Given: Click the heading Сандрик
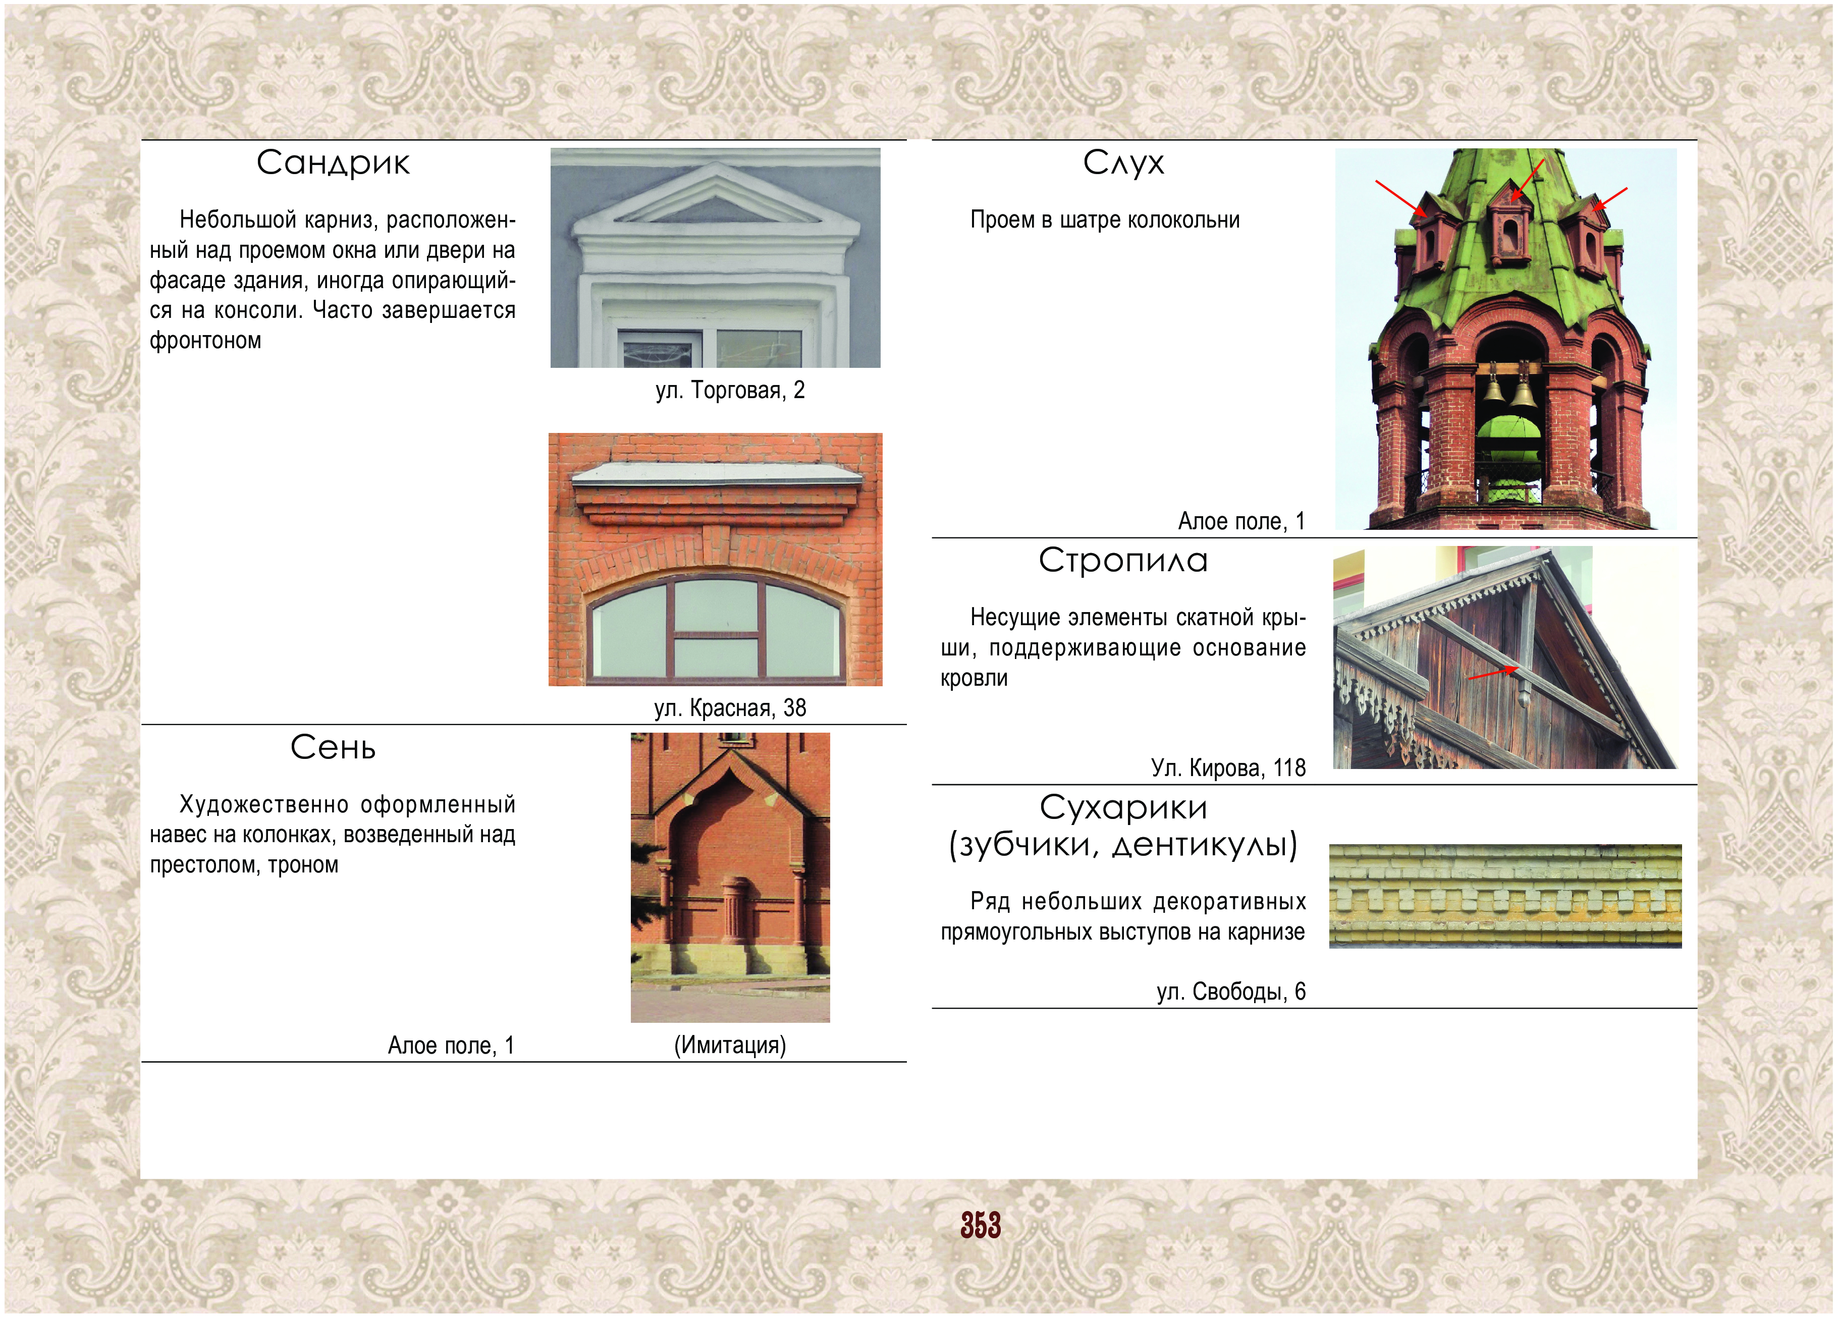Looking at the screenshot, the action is coord(333,163).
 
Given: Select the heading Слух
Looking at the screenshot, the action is coord(1123,163).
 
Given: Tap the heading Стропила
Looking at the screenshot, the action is coord(1123,561).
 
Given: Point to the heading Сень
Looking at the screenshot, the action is coord(333,748).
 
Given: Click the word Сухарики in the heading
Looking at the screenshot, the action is coord(1123,807).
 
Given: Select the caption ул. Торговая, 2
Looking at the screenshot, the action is coord(730,391).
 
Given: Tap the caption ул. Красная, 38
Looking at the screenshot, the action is coord(730,708).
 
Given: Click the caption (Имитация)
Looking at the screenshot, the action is coord(730,1045).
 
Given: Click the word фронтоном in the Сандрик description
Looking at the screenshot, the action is coord(206,340).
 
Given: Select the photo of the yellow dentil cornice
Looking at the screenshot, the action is coord(1505,896).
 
